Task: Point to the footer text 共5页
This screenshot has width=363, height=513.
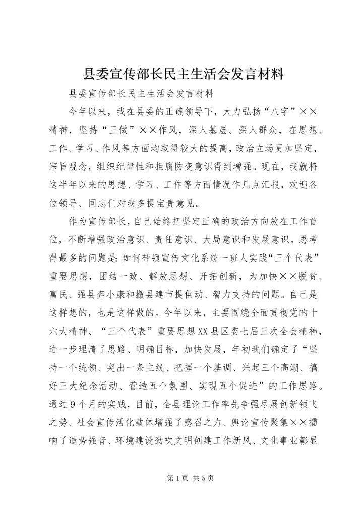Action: tap(203, 478)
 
